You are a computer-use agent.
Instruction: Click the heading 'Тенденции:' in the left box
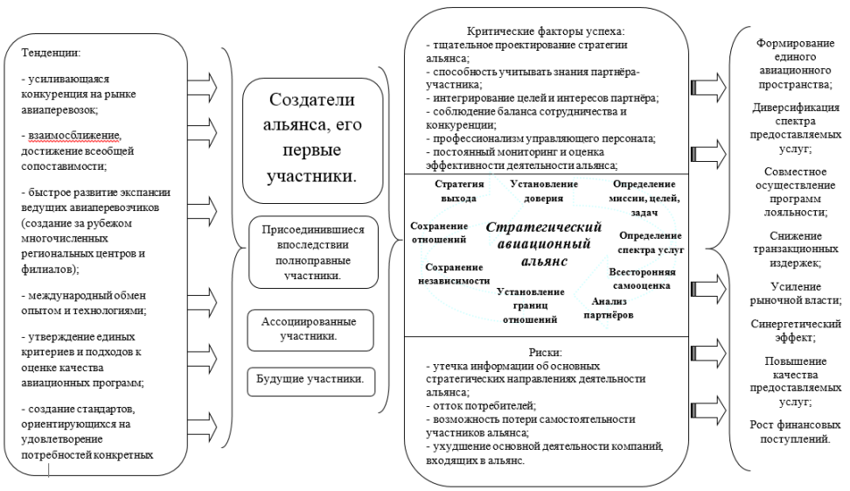pos(51,53)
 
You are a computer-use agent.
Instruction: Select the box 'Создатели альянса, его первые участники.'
pos(312,141)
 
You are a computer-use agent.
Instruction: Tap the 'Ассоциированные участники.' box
pos(310,330)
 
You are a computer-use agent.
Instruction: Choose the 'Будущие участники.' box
pos(310,382)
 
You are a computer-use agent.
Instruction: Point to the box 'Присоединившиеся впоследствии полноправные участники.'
pos(313,252)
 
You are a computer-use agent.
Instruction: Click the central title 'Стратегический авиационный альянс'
pos(544,243)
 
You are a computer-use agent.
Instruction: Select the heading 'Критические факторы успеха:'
pos(546,32)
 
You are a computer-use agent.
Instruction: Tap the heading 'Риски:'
pos(546,353)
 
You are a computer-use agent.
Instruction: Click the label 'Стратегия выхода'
pos(458,191)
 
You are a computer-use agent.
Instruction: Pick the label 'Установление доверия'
pos(544,191)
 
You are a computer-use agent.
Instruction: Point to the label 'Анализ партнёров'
pos(609,308)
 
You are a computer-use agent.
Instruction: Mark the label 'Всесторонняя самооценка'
pos(642,279)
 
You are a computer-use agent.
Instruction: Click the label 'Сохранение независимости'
pos(454,274)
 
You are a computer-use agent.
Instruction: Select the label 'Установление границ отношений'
pos(530,305)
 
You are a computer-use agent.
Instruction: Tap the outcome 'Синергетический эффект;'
pos(795,331)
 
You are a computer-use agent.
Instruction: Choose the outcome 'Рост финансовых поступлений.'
pos(795,431)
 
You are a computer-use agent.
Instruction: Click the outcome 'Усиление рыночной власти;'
pos(795,293)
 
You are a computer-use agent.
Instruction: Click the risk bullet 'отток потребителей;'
pos(481,406)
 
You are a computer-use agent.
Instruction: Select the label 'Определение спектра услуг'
pos(651,242)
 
